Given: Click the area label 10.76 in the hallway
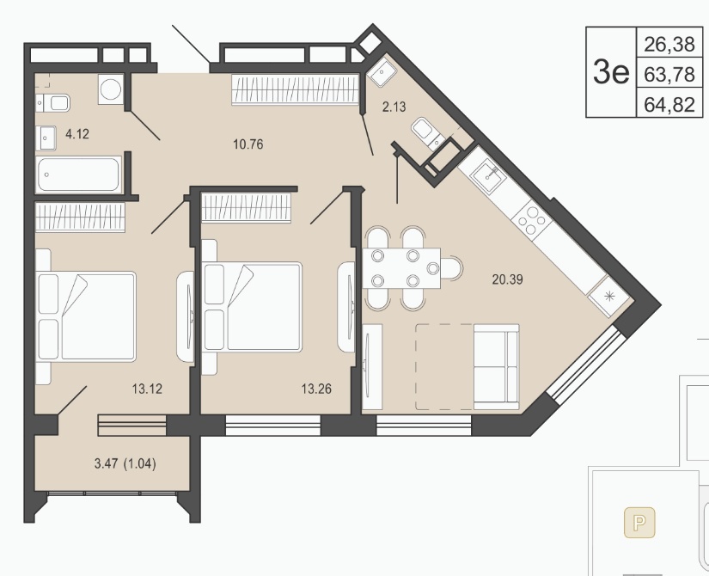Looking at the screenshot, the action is (248, 144).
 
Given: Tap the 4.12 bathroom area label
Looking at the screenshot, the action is (77, 134).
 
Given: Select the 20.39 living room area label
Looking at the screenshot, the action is (507, 279).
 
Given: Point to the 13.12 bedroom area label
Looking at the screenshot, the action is (148, 389).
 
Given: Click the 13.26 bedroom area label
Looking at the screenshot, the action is (316, 389).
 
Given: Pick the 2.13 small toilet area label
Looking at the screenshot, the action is (394, 107).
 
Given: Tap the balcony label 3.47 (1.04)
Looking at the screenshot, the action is (125, 463).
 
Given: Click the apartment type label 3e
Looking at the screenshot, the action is (611, 72).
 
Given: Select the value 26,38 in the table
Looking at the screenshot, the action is (669, 45).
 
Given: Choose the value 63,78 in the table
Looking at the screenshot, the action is (669, 74).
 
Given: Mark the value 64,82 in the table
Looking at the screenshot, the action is (669, 105).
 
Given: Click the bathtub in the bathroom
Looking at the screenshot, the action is (79, 175).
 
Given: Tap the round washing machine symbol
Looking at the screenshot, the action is (111, 89).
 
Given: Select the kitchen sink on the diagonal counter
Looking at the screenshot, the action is (487, 173).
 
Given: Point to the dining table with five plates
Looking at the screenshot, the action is (401, 268).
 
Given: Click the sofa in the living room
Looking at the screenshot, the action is (496, 366).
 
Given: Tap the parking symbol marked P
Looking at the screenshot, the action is (639, 523).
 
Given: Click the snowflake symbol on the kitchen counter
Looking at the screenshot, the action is (608, 297).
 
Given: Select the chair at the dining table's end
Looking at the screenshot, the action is (452, 268).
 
